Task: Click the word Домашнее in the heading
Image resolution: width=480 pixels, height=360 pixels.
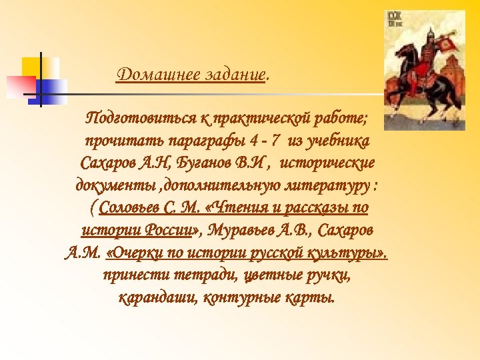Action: click(x=147, y=74)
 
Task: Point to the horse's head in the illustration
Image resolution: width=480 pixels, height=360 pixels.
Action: click(x=402, y=57)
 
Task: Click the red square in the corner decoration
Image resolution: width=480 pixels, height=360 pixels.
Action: click(x=20, y=85)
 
